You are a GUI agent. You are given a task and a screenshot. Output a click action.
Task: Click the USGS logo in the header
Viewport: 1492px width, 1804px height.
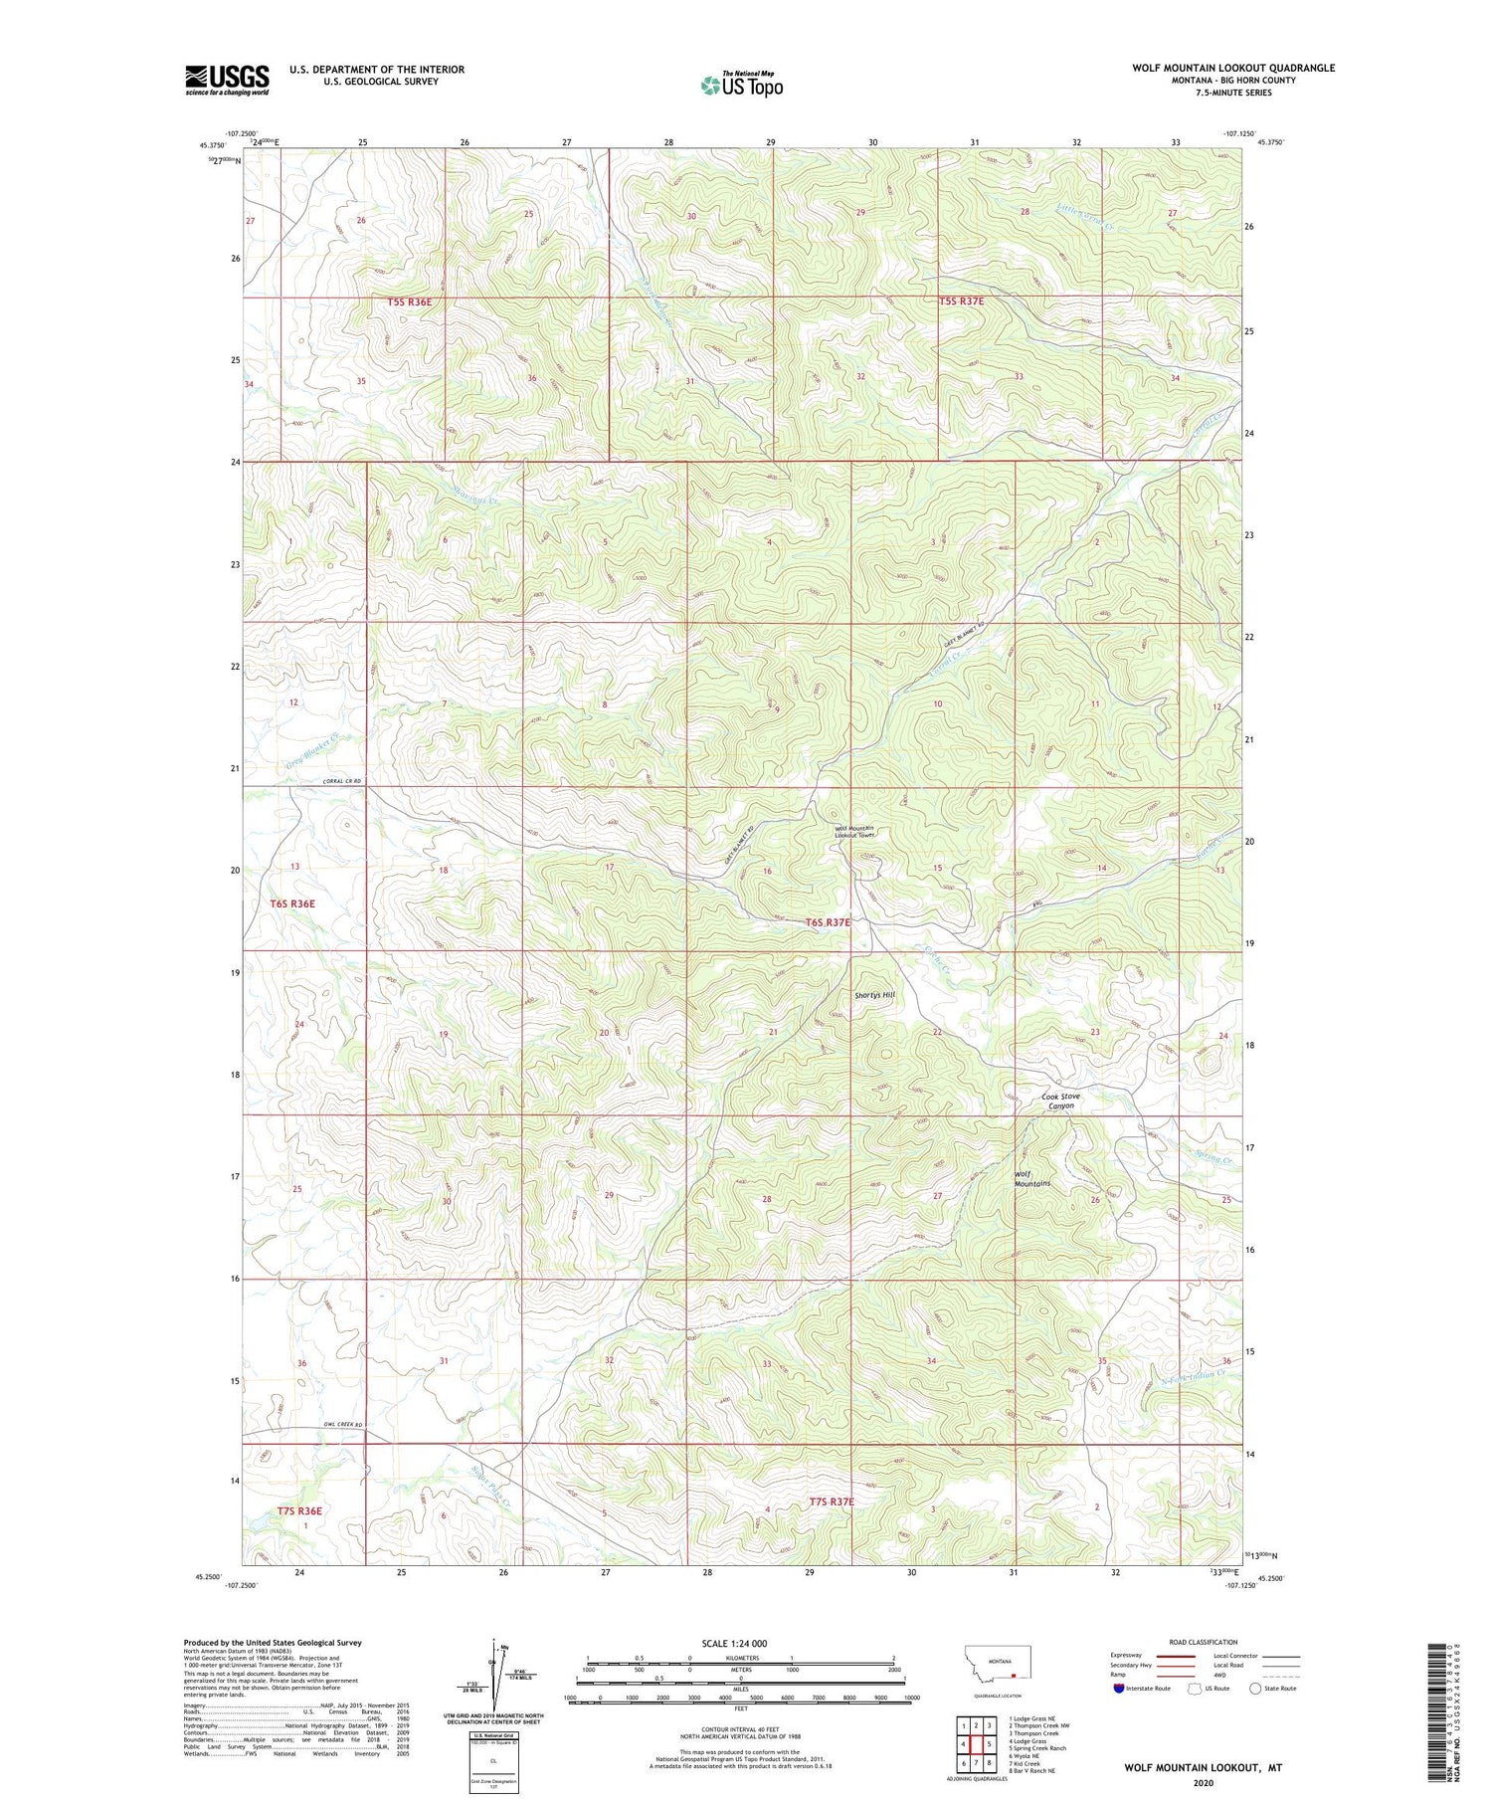[x=227, y=80]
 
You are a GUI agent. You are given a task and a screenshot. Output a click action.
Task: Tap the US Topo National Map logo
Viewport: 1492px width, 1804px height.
[x=741, y=85]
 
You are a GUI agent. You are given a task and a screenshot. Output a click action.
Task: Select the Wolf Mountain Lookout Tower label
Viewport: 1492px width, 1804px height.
[x=854, y=832]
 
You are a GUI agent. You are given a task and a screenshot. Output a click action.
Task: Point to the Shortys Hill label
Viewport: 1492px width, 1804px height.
[x=875, y=994]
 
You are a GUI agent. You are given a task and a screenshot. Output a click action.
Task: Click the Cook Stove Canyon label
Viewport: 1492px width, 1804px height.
[x=1059, y=1102]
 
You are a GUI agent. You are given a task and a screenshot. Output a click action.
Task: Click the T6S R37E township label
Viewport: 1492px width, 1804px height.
[x=828, y=922]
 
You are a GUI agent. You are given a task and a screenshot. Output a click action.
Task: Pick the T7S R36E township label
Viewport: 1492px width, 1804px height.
[x=299, y=1510]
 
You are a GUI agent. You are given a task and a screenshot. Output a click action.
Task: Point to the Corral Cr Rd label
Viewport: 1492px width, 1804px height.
[x=340, y=781]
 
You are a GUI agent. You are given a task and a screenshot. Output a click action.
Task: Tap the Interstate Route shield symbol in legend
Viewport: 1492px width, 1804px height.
[x=1119, y=1688]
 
